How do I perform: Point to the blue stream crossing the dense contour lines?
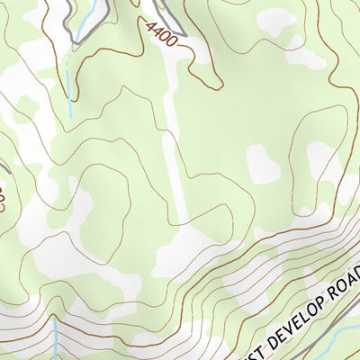point(55,337)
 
